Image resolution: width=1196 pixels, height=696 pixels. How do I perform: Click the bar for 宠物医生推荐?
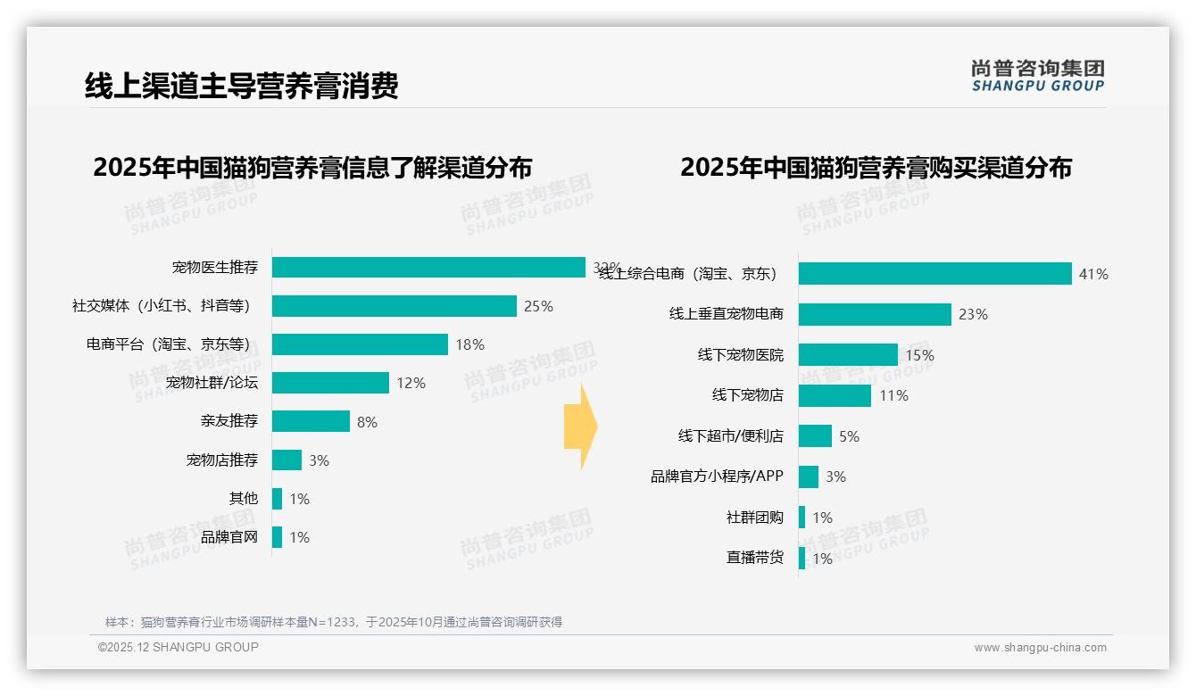[428, 268]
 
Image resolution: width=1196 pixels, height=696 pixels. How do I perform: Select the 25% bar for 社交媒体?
[394, 306]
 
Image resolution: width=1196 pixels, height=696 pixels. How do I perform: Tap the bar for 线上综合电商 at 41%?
[934, 274]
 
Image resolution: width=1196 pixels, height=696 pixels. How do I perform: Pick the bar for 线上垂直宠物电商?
[875, 314]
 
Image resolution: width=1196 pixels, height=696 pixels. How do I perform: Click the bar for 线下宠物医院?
[848, 355]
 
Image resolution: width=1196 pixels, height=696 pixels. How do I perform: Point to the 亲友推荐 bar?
[311, 421]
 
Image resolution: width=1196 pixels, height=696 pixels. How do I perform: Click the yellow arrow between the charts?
[580, 427]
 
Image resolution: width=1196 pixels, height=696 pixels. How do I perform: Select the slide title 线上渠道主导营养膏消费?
[241, 86]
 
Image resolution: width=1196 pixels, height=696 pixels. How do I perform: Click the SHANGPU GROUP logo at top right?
[1038, 76]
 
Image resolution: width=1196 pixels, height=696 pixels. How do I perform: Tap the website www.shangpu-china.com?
[1040, 648]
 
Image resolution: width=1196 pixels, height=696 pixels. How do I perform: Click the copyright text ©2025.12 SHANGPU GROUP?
[179, 647]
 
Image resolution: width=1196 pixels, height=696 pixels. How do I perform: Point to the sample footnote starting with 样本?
[334, 622]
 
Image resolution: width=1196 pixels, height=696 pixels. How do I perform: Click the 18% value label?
[469, 344]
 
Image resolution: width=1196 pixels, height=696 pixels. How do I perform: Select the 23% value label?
[973, 314]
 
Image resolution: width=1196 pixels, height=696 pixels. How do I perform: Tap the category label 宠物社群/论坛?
[212, 383]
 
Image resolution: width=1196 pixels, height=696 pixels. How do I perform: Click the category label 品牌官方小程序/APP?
[717, 476]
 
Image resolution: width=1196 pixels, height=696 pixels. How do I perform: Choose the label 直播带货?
[754, 558]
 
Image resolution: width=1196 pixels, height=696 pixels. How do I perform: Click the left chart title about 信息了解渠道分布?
[312, 168]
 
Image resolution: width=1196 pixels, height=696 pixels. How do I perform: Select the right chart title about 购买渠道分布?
[876, 168]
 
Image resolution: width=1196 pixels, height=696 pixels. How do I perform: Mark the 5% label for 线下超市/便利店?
[849, 436]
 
